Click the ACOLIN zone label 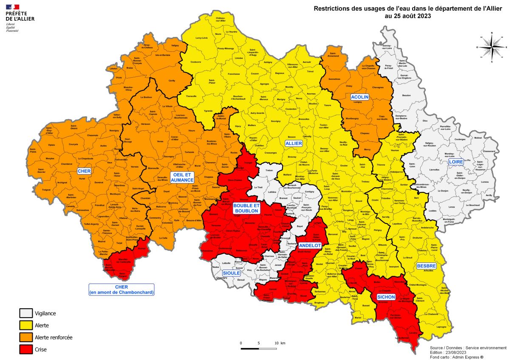coord(359,97)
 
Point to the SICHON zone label coord(386,297)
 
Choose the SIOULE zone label coord(231,273)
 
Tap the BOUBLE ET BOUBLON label coord(246,208)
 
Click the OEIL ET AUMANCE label coord(182,177)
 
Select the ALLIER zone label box coord(294,144)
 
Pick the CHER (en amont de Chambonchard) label coord(122,290)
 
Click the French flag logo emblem coord(13,7)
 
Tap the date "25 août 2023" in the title coord(407,16)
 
